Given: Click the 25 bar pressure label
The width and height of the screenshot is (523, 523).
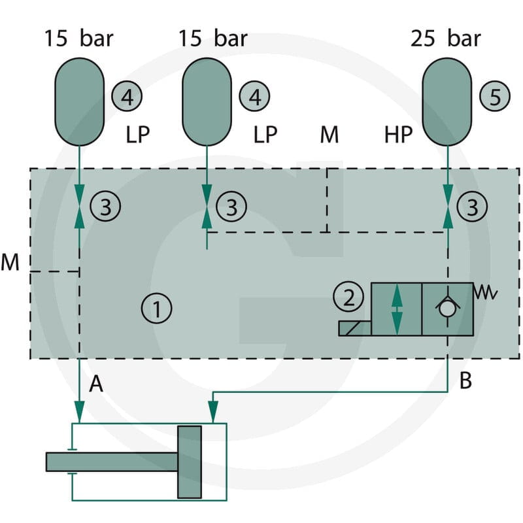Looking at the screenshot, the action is tap(446, 39).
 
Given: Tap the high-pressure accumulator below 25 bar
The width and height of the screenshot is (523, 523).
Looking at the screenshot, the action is tap(447, 102).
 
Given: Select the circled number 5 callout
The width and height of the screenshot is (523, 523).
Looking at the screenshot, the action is tap(495, 96).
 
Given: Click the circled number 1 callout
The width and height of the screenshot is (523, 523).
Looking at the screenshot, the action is tap(156, 308).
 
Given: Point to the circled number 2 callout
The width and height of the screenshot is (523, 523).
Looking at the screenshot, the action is tap(348, 297).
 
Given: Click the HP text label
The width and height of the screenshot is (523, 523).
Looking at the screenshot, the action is tap(398, 135).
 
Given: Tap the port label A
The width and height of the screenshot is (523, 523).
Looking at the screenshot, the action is tap(96, 384).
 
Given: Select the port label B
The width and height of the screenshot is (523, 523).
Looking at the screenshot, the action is tap(465, 380).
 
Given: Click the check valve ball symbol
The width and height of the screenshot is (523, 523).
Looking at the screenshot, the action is tap(447, 309).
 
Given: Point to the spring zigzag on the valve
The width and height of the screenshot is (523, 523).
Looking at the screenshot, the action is tap(486, 292).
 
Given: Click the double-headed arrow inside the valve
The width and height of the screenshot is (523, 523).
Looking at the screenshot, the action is tap(397, 309).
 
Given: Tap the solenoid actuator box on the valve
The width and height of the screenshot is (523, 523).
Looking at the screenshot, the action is tap(355, 328).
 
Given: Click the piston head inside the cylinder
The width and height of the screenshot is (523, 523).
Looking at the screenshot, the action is tap(190, 462).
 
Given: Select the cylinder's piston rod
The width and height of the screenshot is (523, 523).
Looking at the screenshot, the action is tap(112, 462).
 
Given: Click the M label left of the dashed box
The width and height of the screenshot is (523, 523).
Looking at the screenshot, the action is tap(10, 262).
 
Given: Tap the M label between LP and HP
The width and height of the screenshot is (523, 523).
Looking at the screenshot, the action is tap(329, 135).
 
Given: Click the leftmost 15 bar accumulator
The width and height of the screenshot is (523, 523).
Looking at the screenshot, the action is tap(79, 102).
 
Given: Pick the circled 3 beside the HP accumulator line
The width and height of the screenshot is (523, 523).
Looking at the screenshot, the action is tap(472, 207).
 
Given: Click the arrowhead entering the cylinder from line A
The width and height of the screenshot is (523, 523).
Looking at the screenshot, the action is tap(79, 413).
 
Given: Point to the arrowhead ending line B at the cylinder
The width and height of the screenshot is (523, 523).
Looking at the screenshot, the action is tap(213, 413).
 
